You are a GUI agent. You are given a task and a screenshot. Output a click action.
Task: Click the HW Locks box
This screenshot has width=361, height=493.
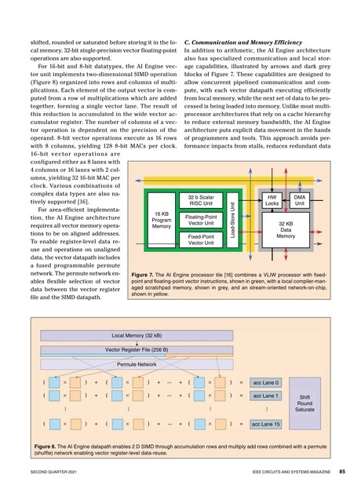pos(272,200)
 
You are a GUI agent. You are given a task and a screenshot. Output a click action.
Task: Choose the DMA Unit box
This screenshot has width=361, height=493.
pos(300,200)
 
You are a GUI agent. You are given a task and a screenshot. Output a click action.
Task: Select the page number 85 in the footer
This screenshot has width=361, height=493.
pos(343,472)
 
